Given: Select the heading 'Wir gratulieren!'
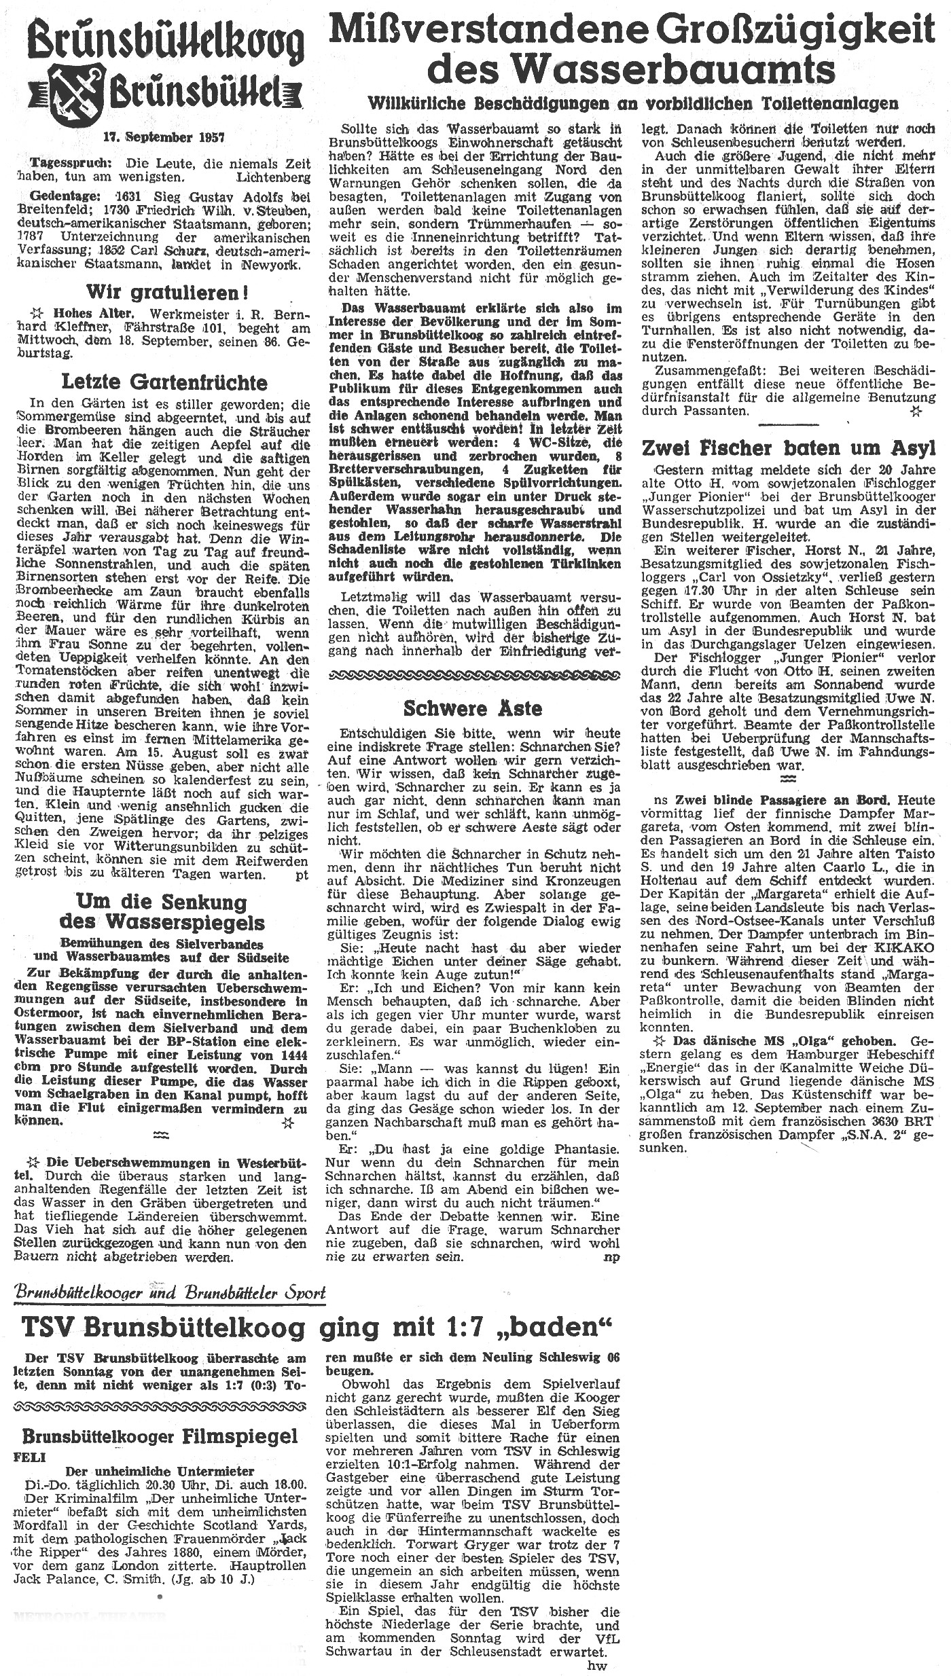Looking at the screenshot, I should click(166, 293).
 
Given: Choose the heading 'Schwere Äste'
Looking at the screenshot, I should click(473, 708).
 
